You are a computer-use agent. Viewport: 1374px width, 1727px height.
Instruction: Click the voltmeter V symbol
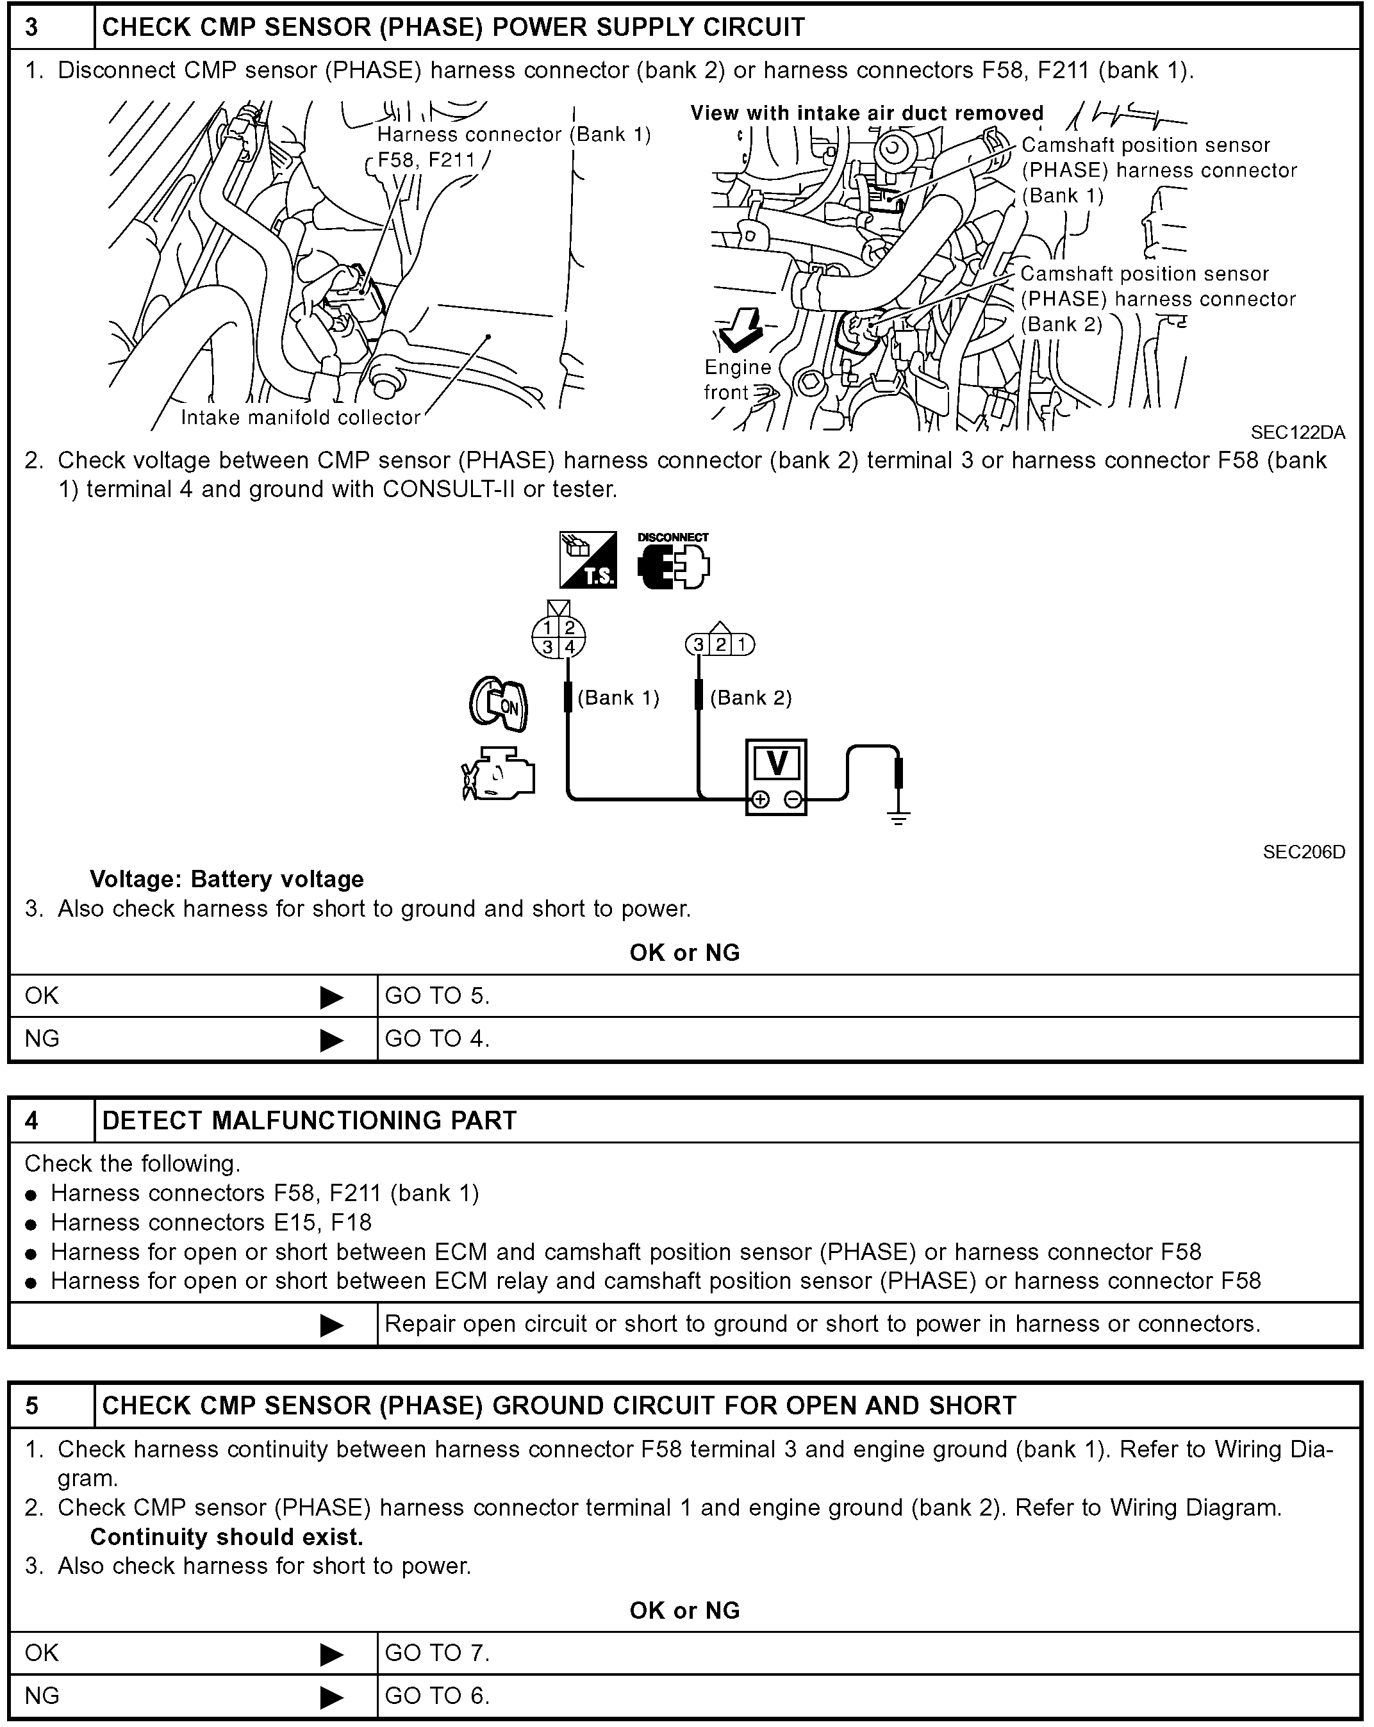pyautogui.click(x=776, y=764)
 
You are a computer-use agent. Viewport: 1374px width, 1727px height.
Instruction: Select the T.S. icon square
pyautogui.click(x=588, y=560)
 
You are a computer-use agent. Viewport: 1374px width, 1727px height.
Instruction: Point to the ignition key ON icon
pyautogui.click(x=499, y=704)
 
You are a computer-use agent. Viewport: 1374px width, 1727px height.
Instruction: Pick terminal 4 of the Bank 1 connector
pyautogui.click(x=570, y=647)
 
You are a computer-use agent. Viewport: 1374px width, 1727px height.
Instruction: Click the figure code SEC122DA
pyautogui.click(x=1297, y=432)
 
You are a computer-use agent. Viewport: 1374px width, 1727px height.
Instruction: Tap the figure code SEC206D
pyautogui.click(x=1304, y=851)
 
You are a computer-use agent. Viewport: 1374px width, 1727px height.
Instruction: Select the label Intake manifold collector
pyautogui.click(x=301, y=417)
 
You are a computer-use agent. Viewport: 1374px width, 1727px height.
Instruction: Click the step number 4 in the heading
pyautogui.click(x=32, y=1120)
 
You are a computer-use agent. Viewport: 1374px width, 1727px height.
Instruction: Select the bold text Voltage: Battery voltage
pyautogui.click(x=227, y=880)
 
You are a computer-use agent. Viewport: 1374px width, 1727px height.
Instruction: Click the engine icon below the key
pyautogui.click(x=499, y=773)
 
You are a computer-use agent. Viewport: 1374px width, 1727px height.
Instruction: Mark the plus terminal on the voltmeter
pyautogui.click(x=760, y=799)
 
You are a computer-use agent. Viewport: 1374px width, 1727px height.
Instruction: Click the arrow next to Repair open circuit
pyautogui.click(x=332, y=1326)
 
